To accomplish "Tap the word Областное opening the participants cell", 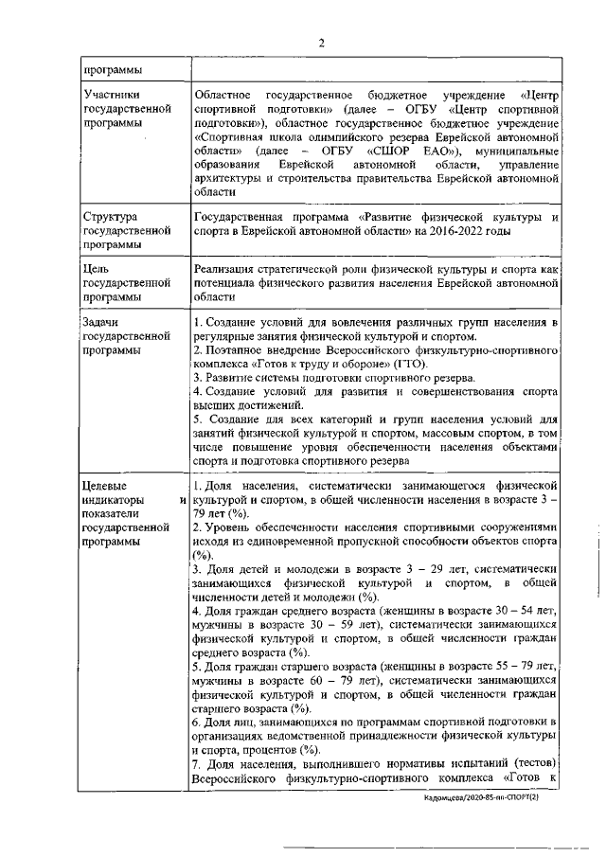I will pos(221,96).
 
